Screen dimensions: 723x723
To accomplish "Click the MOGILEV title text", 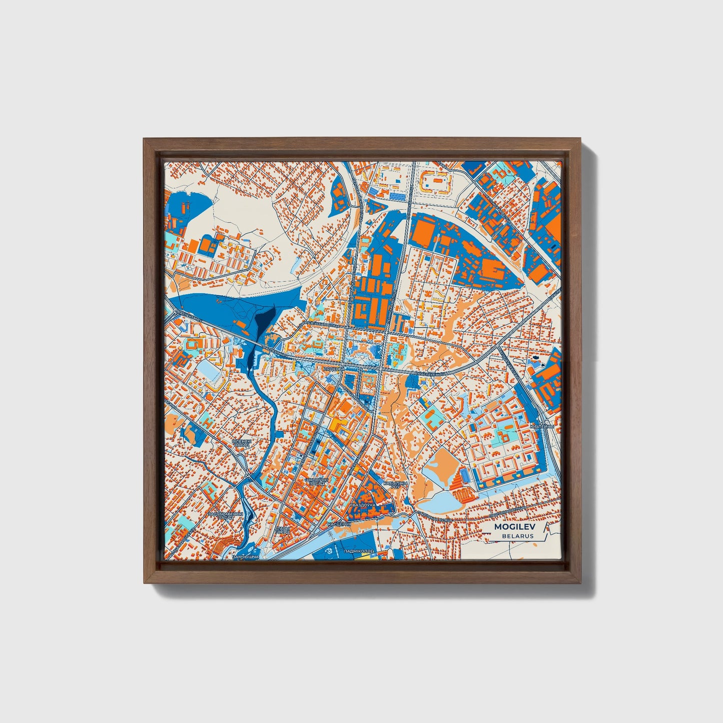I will pos(513,527).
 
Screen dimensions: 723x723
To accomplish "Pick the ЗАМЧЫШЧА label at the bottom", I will pos(246,556).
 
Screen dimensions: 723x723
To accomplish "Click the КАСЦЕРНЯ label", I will pos(337,523).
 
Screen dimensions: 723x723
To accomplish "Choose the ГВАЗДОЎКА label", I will pos(363,505).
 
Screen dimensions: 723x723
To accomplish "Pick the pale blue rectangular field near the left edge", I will pos(207,371).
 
